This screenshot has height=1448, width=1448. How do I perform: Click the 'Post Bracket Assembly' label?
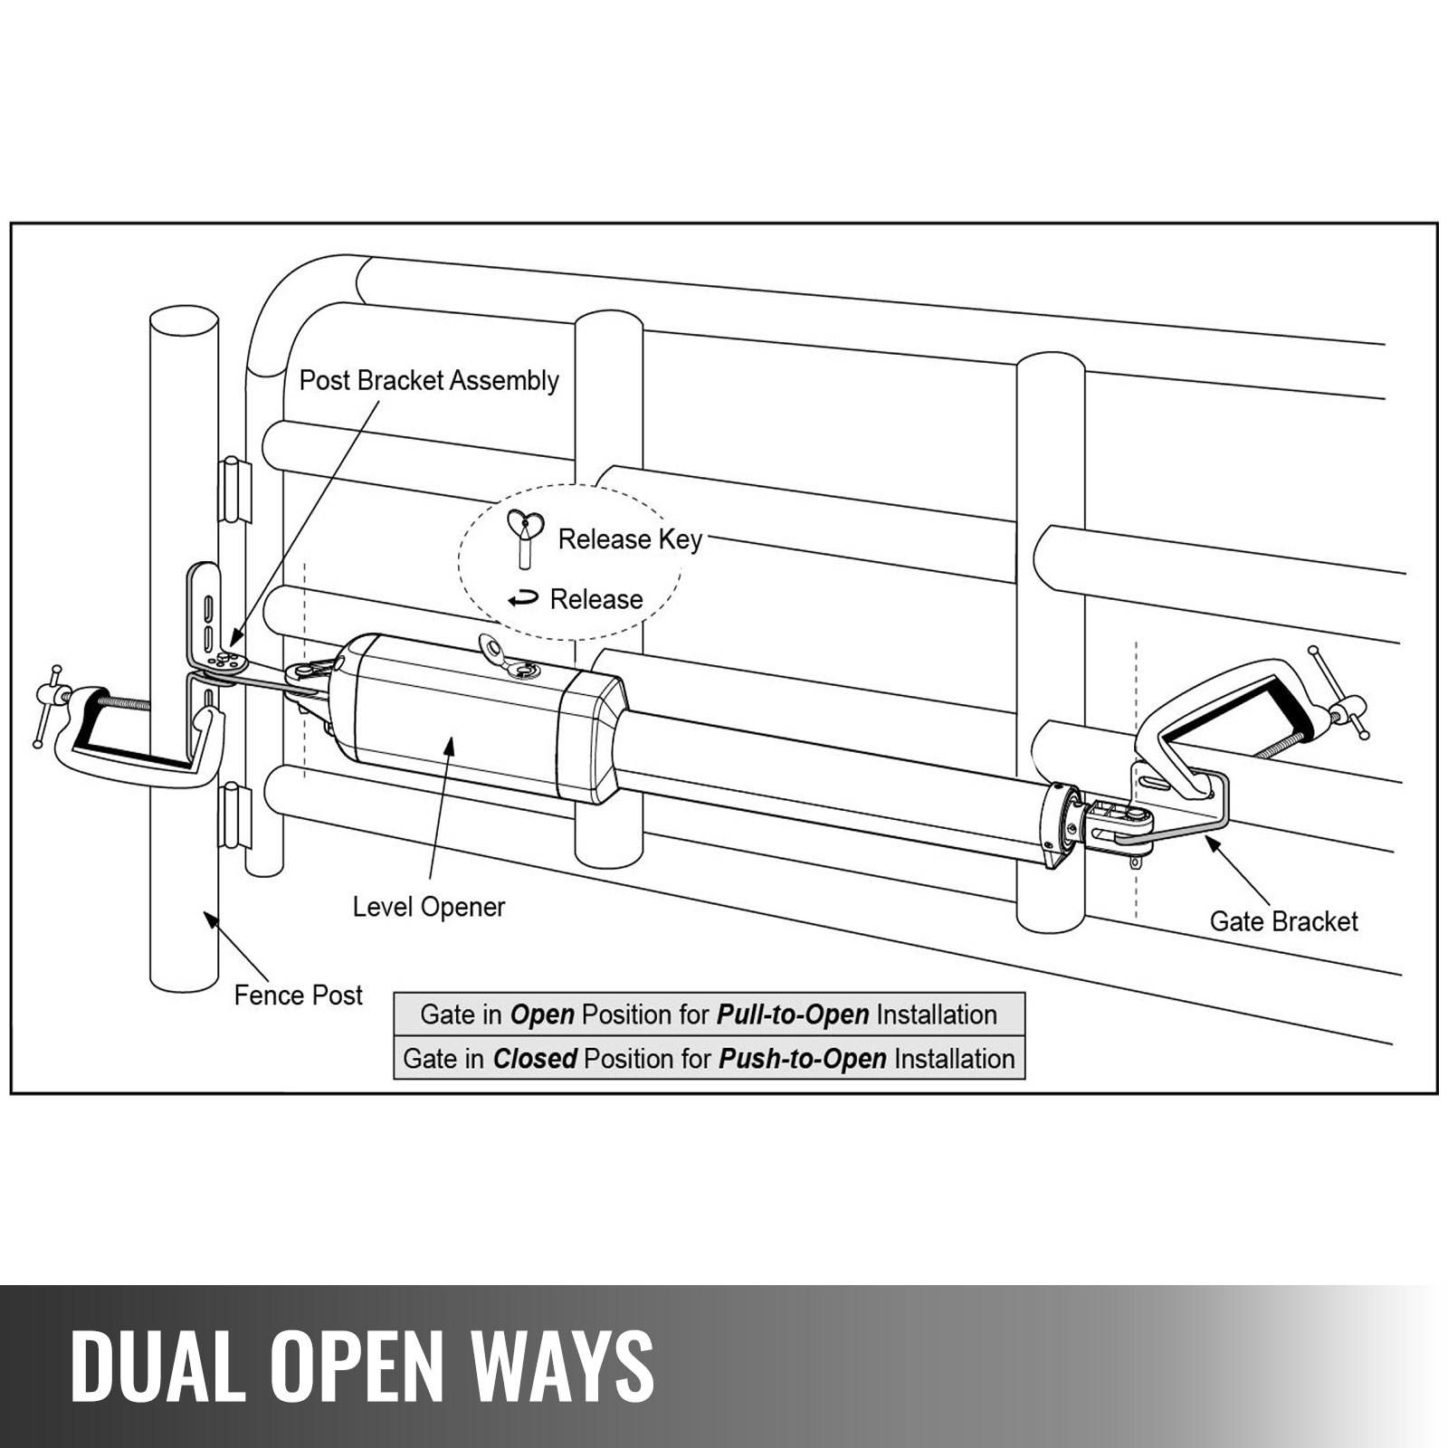tap(429, 380)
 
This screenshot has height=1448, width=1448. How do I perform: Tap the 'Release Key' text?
tap(630, 539)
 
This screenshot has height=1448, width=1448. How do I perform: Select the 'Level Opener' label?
tap(429, 907)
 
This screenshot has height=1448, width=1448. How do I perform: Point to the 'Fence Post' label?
tap(298, 995)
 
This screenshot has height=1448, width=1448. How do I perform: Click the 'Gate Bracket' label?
tap(1283, 921)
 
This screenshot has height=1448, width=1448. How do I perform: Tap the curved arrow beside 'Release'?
tap(523, 599)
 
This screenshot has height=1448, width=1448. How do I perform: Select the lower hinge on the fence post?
tap(234, 814)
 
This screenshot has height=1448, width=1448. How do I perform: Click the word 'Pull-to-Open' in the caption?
tap(793, 1015)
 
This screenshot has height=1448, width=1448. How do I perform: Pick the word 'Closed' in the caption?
tap(535, 1059)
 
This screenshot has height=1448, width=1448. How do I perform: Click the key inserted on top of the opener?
tap(507, 658)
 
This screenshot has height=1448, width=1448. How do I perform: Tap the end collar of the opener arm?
tap(1060, 825)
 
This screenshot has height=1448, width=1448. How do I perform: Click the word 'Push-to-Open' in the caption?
tap(802, 1059)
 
